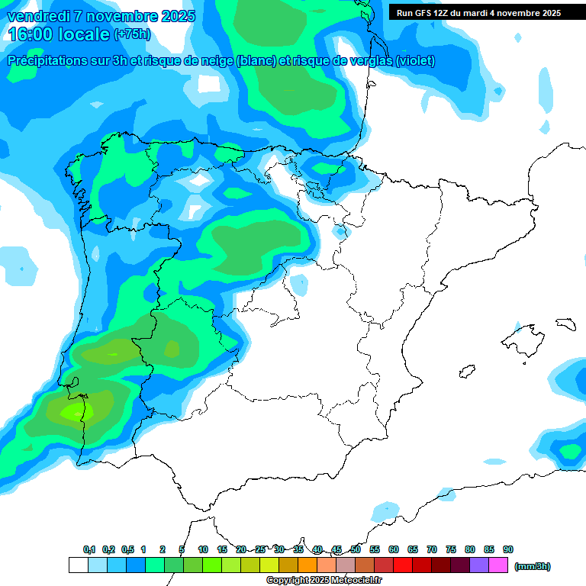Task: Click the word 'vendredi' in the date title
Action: tap(39, 16)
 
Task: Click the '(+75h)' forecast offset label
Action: tap(132, 34)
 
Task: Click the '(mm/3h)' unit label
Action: tap(533, 566)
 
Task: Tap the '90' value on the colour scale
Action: tap(508, 549)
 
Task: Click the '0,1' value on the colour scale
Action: tap(89, 549)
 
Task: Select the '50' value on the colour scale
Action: tap(356, 549)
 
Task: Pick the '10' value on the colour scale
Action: tap(203, 549)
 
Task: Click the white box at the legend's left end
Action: tap(78, 565)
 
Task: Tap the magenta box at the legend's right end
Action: tap(498, 565)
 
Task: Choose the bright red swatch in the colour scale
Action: tap(403, 565)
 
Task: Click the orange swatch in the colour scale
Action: tap(307, 565)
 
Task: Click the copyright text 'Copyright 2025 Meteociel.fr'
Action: tap(324, 581)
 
